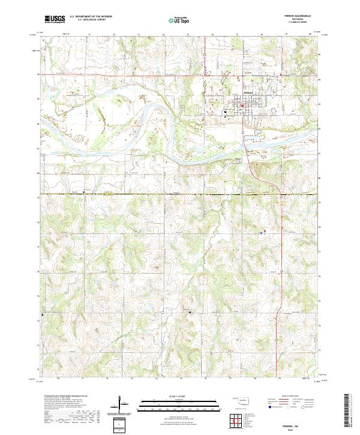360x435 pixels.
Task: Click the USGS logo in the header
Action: [55, 19]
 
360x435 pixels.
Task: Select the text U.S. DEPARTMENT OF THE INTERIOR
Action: [90, 17]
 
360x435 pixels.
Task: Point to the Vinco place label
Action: [238, 159]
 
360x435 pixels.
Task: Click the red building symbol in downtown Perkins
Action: [242, 107]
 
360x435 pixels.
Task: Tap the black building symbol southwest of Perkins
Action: [224, 117]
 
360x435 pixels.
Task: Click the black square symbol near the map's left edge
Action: [43, 314]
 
